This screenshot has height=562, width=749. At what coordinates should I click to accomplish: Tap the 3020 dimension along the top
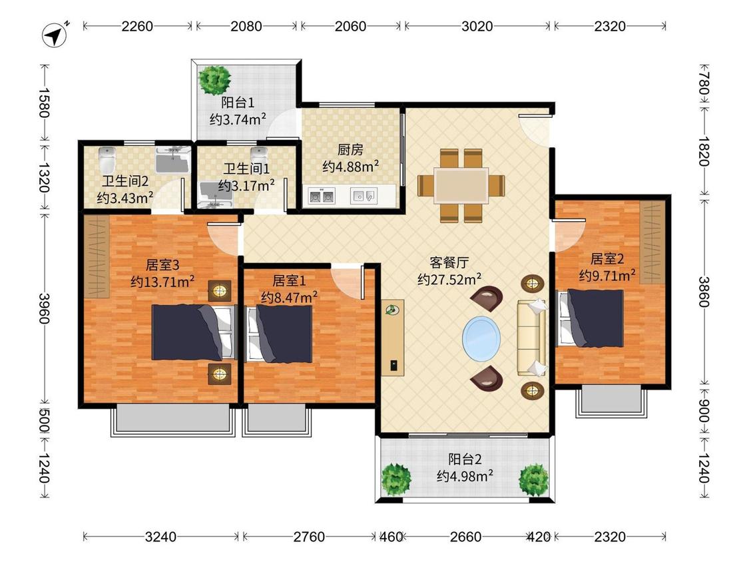477,26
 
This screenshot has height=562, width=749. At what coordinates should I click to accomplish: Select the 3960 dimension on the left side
44,308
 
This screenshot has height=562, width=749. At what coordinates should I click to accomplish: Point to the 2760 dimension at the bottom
308,537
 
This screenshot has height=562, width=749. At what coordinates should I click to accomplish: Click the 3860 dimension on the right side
704,292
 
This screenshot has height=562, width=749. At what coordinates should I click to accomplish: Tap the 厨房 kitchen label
350,150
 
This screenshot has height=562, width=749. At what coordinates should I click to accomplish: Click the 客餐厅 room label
449,262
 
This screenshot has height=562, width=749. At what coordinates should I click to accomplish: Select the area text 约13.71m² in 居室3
162,281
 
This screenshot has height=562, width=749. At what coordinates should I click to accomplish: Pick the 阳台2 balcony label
465,459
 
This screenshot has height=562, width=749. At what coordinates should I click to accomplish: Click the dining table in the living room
461,185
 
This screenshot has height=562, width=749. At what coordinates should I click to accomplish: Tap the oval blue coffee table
481,338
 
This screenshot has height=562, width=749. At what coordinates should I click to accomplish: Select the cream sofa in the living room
532,338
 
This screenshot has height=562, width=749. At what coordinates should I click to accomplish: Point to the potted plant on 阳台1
214,80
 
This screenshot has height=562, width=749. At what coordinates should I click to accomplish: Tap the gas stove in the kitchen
321,196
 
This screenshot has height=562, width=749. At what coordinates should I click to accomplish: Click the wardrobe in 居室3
97,256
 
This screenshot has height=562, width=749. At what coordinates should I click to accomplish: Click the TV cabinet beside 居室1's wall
393,338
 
